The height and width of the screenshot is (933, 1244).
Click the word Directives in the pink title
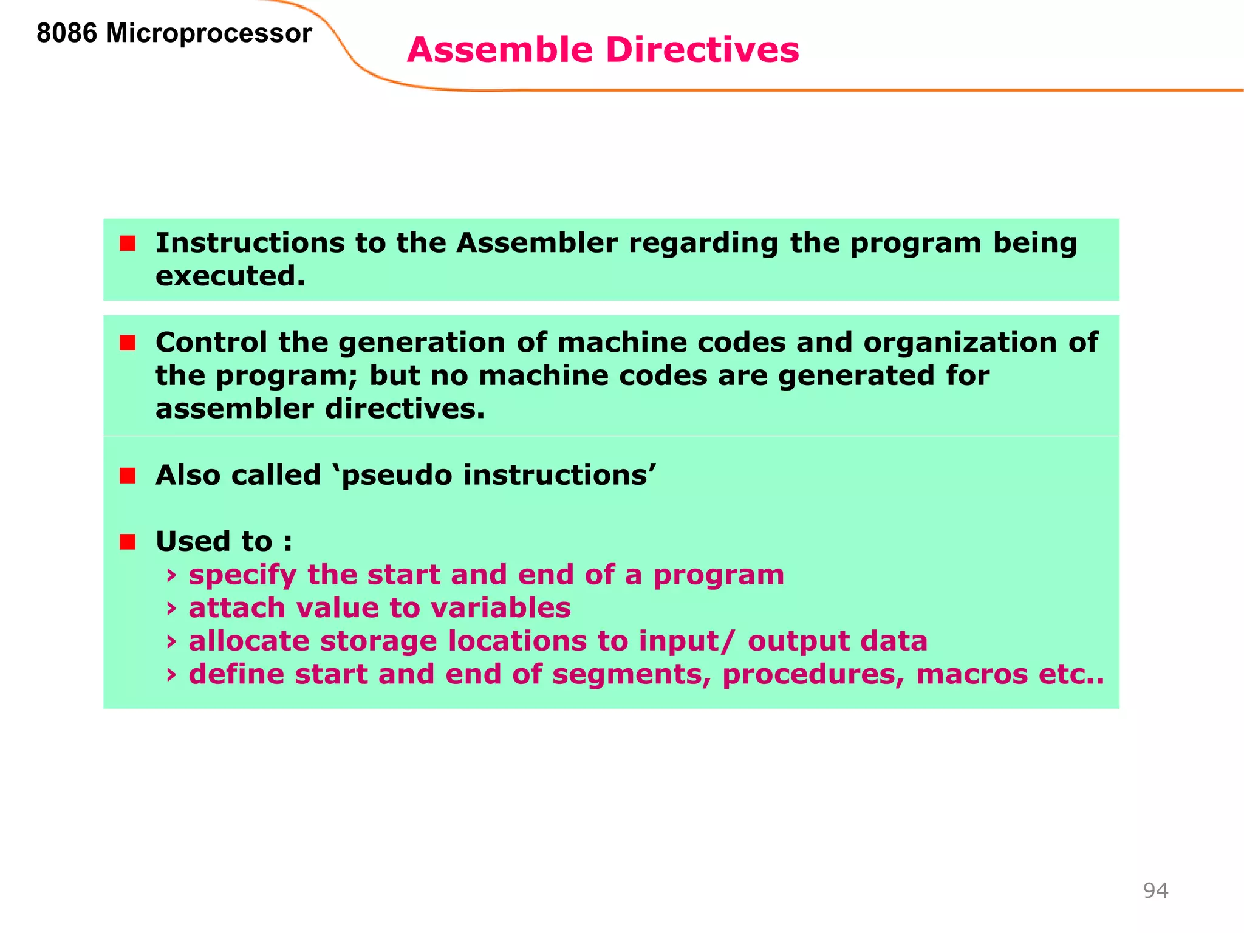[702, 50]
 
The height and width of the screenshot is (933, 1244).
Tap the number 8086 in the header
[67, 33]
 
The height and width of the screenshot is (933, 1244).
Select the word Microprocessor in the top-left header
[208, 34]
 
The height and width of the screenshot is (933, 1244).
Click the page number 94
[1155, 890]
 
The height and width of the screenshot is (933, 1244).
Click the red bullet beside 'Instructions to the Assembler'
[128, 244]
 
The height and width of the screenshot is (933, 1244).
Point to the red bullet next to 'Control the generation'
[128, 343]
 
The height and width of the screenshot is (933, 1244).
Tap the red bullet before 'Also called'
[128, 476]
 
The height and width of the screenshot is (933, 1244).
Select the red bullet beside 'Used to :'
[128, 542]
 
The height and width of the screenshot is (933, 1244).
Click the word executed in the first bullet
[230, 276]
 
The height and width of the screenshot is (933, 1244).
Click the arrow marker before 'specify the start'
[171, 575]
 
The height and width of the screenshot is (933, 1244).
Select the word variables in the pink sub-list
[501, 608]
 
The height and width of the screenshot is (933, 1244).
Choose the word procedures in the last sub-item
[813, 675]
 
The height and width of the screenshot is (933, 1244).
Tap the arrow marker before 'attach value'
[171, 608]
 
